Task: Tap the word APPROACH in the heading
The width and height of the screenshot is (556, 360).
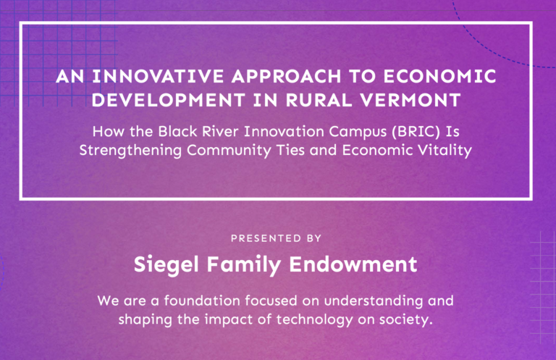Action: pyautogui.click(x=287, y=76)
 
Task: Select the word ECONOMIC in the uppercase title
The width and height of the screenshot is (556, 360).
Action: pyautogui.click(x=439, y=76)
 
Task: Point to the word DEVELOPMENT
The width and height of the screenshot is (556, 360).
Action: pyautogui.click(x=169, y=100)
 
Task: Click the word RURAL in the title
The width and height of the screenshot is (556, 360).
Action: pyautogui.click(x=319, y=100)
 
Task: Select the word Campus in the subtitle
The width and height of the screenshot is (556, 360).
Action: pyautogui.click(x=358, y=133)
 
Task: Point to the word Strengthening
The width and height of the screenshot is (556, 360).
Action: pyautogui.click(x=130, y=151)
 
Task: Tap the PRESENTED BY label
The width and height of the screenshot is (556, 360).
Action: pyautogui.click(x=277, y=238)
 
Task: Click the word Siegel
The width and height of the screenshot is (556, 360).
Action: pyautogui.click(x=166, y=265)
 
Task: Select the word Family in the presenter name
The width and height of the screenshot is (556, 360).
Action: pyautogui.click(x=244, y=265)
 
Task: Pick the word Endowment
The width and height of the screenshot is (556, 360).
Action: pyautogui.click(x=353, y=264)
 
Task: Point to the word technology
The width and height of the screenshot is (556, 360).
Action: pyautogui.click(x=314, y=320)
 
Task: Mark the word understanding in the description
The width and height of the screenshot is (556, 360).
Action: pyautogui.click(x=373, y=301)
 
